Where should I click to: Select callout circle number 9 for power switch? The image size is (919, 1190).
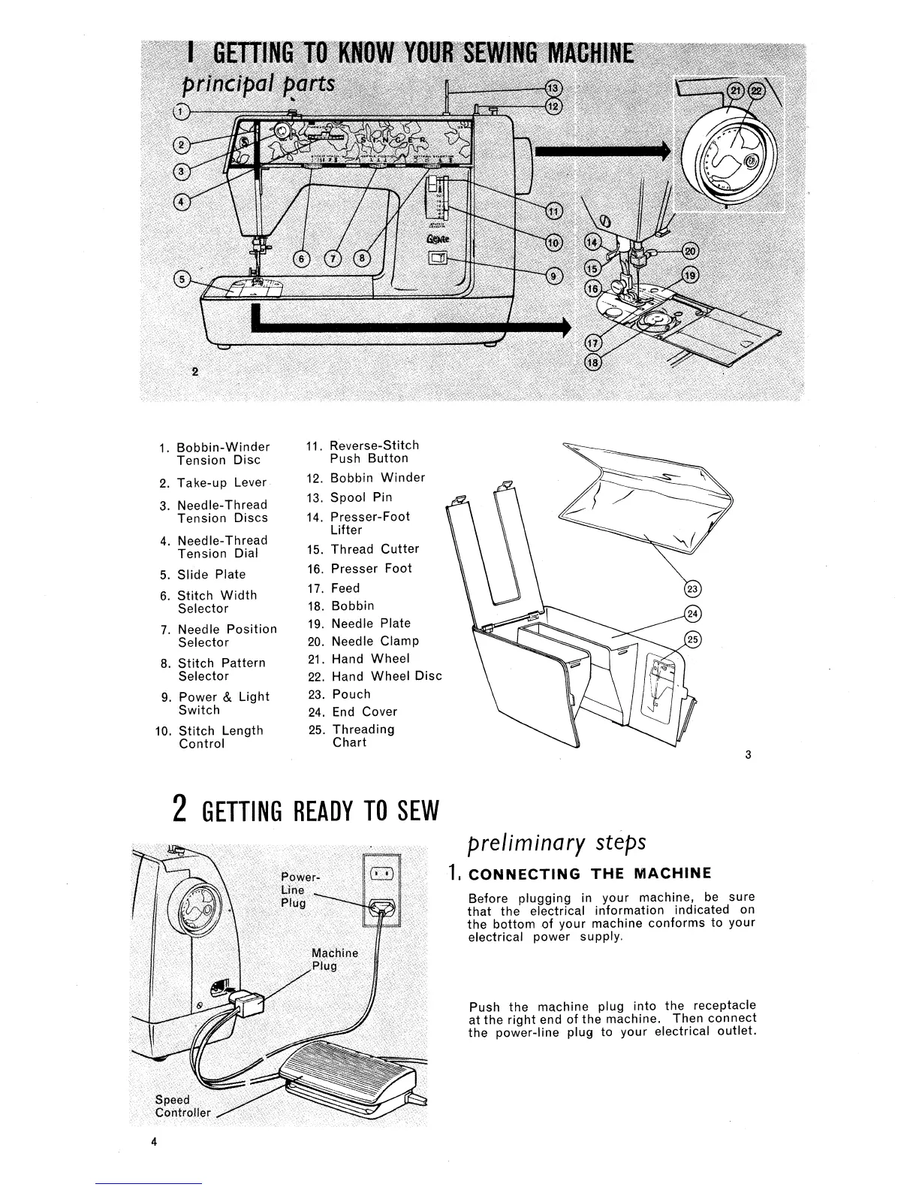point(553,275)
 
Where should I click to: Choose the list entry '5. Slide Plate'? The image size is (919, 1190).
point(203,575)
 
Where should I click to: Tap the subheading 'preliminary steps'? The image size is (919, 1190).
point(556,844)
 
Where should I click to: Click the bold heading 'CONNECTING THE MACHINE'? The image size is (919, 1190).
point(589,873)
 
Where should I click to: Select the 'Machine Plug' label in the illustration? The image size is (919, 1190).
point(334,959)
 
